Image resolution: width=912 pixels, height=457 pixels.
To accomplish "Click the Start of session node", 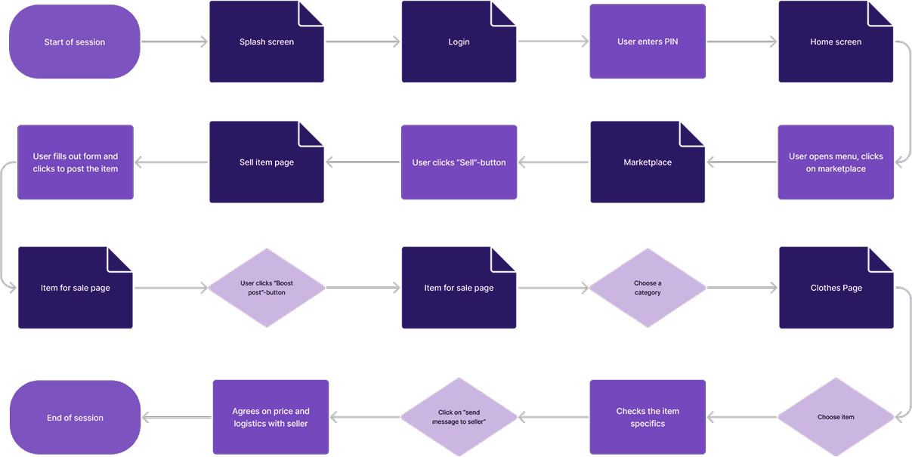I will [75, 42].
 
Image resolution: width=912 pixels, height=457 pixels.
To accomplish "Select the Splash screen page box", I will [267, 42].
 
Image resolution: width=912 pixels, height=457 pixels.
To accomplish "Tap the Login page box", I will [459, 42].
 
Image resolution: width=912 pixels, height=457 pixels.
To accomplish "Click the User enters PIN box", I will [648, 42].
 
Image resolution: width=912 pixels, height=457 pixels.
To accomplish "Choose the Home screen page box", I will [836, 42].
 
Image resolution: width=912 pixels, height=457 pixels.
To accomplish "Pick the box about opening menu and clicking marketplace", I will [836, 162].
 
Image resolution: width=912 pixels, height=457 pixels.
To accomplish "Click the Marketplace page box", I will [648, 162].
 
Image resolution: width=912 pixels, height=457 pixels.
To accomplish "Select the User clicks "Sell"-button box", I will [459, 162].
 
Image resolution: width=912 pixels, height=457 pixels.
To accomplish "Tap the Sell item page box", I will [267, 162].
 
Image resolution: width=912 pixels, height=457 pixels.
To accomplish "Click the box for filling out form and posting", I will [75, 162].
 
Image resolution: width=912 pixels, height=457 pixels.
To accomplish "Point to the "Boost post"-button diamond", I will [267, 288].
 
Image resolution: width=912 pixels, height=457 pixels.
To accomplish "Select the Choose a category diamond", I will [648, 288].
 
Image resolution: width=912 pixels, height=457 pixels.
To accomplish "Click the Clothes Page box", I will [836, 288].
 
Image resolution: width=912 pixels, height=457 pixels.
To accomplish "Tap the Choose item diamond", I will [836, 417].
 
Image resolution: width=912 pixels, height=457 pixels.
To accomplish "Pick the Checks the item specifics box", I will [648, 417].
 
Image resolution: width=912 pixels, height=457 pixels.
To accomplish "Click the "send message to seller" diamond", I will [459, 417].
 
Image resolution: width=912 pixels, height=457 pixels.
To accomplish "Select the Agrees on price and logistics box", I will [271, 417].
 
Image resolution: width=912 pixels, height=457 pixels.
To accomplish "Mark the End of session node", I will [75, 417].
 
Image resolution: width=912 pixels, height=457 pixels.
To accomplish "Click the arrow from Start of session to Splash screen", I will [175, 42].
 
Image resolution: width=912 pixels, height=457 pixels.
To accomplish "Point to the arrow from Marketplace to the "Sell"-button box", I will [554, 162].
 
